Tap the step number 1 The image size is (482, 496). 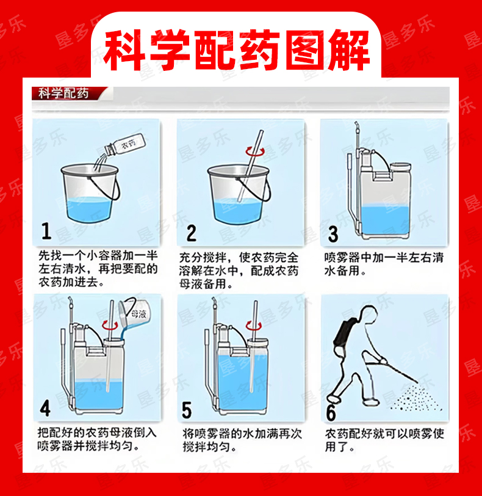pos(46,231)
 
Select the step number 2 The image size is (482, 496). pos(191,233)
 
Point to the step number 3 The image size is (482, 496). pos(333,234)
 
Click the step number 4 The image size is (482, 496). pos(45,408)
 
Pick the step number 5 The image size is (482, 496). pos(187,410)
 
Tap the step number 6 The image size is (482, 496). pos(331,412)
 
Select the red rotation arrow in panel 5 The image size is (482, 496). pos(254,326)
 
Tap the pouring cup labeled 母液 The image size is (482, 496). pos(134,313)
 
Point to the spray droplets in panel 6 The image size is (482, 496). pos(416,398)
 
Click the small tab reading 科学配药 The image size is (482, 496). pos(63,93)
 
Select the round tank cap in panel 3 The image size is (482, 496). pos(400,167)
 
